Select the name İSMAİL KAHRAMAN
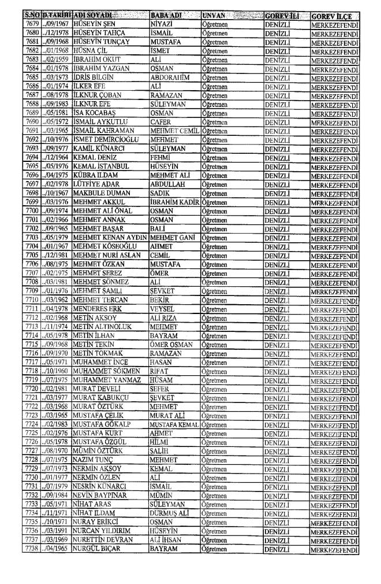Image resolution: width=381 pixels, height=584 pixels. click(x=103, y=131)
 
